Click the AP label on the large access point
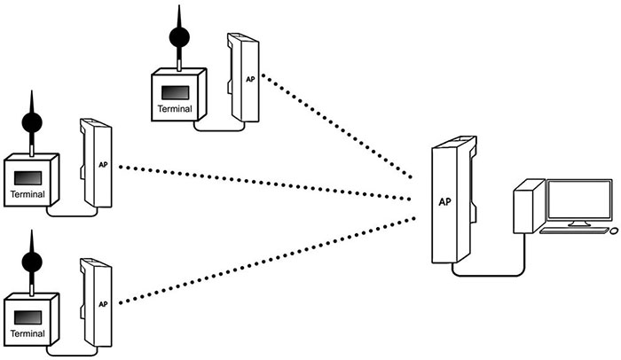pos(445,201)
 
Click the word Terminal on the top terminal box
pos(175,109)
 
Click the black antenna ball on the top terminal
pos(180,38)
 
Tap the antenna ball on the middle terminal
pos(32,122)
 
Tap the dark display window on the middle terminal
pos(28,176)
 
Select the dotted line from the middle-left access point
pos(266,179)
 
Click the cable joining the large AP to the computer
pos(497,274)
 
